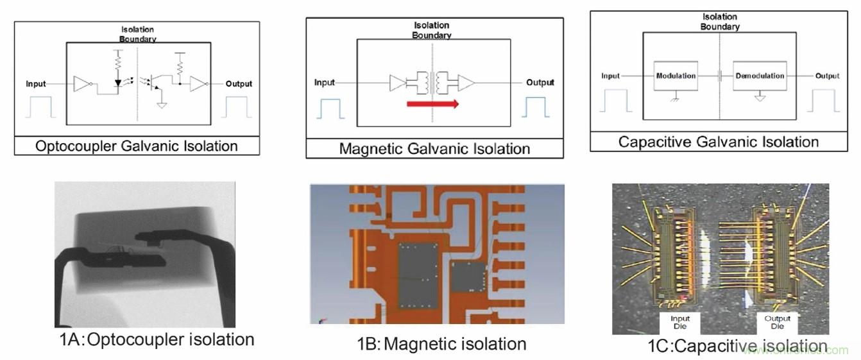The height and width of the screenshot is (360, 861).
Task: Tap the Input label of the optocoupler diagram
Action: tap(37, 84)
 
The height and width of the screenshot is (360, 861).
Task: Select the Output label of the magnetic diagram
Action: tap(540, 82)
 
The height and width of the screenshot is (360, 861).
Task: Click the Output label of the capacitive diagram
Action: tap(827, 76)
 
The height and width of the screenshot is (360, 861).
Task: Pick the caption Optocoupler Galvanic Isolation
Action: tap(136, 146)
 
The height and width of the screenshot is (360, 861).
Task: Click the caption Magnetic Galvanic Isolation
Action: tap(434, 149)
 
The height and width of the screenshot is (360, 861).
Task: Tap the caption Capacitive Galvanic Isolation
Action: tap(719, 142)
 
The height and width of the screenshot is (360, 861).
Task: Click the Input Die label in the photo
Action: tap(680, 322)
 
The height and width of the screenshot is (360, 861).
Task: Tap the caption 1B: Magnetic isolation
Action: tap(441, 343)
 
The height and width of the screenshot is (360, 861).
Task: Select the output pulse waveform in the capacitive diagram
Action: tap(823, 101)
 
